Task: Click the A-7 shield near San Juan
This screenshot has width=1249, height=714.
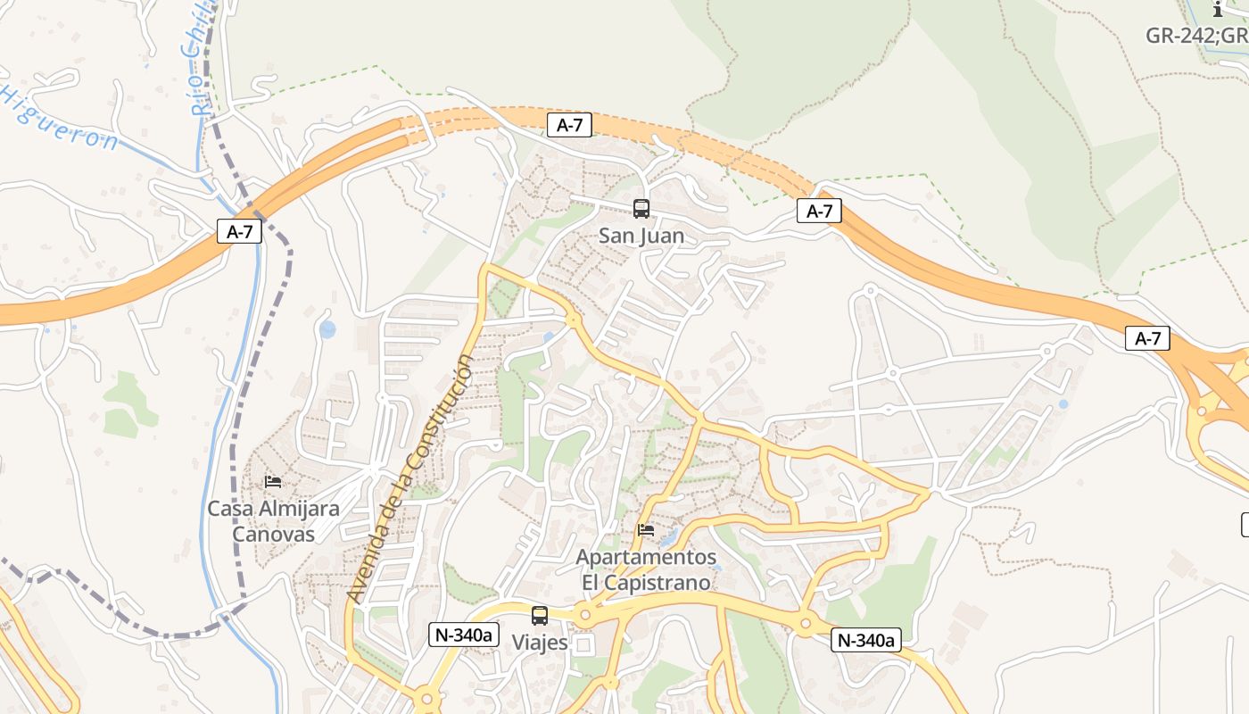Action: (569, 125)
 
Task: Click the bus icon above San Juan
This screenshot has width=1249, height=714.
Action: (641, 209)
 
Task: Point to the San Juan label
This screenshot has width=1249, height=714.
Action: (641, 237)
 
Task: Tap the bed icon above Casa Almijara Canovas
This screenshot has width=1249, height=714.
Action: (273, 482)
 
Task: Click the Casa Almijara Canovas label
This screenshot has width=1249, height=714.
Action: (273, 521)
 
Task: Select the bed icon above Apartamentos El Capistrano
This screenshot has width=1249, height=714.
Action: (646, 530)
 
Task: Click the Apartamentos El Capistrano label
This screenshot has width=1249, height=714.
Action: (646, 569)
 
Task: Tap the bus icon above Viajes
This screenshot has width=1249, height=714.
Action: (540, 615)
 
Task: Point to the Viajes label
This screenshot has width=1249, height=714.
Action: (540, 643)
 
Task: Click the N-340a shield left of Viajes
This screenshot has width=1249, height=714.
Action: (464, 635)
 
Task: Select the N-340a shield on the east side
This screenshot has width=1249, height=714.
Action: (866, 639)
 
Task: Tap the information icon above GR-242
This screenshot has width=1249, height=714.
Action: (1219, 10)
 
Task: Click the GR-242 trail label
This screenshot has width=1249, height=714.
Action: (1195, 36)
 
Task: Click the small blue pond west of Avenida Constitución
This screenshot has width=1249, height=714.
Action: (327, 330)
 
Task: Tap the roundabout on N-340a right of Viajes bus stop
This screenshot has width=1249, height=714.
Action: (585, 614)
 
